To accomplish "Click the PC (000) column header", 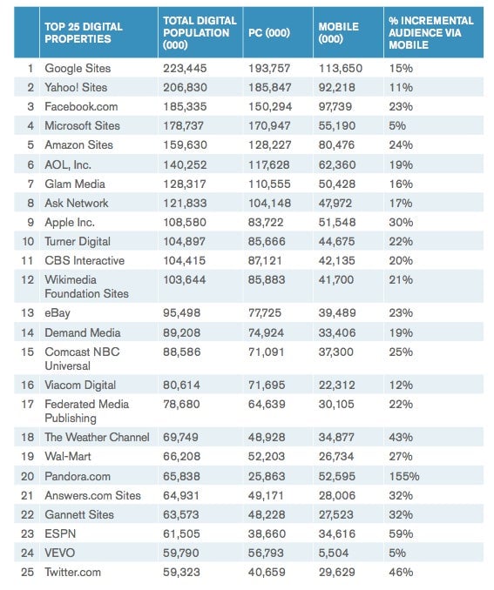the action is click(269, 33).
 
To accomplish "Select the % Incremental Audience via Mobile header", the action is click(431, 33).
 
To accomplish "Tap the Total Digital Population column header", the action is click(200, 33).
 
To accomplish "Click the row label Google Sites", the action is click(78, 68).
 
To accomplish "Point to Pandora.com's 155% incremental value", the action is click(404, 476).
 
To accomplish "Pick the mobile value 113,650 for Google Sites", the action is click(341, 68).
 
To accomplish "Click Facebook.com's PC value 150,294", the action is click(270, 106).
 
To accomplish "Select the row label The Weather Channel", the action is click(97, 437).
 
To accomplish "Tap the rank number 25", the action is click(28, 573).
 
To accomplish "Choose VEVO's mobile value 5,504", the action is click(334, 553).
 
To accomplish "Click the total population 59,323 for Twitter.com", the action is click(181, 573).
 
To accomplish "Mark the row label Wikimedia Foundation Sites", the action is click(86, 286).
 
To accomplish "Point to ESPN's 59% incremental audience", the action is click(401, 534).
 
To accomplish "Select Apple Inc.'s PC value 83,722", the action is click(266, 223).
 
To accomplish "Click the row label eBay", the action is click(58, 313).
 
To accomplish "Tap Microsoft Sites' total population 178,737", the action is click(183, 125).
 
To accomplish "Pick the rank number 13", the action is click(28, 313).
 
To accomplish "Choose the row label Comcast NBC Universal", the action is click(82, 359).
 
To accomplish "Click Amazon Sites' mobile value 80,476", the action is click(336, 144).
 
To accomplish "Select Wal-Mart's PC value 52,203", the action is click(267, 456).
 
